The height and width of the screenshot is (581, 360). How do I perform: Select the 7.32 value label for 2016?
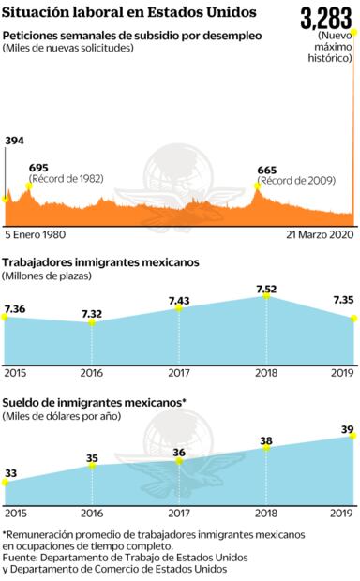point(92,312)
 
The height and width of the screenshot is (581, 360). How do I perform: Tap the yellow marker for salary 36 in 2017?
point(179,459)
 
